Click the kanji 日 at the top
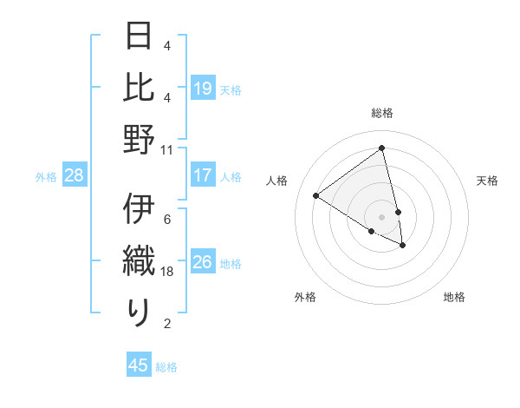pos(139,37)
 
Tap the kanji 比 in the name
pos(139,88)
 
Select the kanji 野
pos(139,139)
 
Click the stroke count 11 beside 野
pos(167,149)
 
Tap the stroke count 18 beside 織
pos(167,272)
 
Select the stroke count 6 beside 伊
pos(167,220)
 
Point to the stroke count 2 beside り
pos(167,324)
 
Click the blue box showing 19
pos(203,89)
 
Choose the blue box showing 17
pos(203,175)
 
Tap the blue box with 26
pos(203,262)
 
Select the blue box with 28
pos(74,175)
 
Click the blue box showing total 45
pos(139,365)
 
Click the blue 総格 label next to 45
pos(166,367)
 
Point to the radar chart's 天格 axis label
pos(487,181)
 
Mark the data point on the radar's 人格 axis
pos(315,195)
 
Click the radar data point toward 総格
pos(382,148)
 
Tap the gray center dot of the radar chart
pos(382,216)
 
